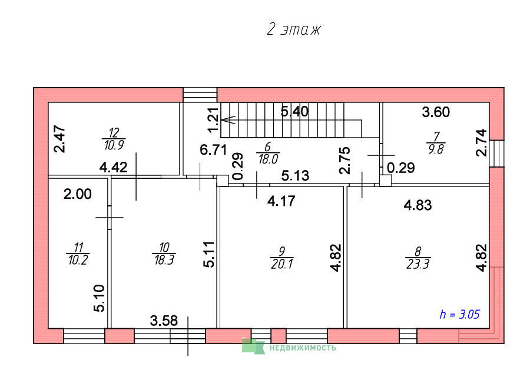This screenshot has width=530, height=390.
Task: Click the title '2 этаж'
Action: point(293,29)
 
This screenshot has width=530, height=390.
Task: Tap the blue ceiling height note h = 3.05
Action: point(459,314)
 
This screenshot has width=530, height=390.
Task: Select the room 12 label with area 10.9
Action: point(114,139)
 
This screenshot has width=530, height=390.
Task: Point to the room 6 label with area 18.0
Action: point(268,153)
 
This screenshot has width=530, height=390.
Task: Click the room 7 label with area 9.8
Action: point(436,143)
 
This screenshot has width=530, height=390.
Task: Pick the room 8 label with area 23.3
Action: point(418,258)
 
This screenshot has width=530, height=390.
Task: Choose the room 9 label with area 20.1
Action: point(282,258)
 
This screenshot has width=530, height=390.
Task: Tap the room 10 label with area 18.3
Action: point(164,254)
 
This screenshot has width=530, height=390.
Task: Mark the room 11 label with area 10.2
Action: point(78,254)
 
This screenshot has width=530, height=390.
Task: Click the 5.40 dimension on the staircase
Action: point(295,111)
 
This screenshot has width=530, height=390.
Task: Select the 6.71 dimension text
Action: point(213,149)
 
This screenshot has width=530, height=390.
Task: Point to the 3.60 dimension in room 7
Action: point(436,112)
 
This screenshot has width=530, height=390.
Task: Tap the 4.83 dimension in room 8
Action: point(418,205)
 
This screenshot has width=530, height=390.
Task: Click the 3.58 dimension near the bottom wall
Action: point(164,321)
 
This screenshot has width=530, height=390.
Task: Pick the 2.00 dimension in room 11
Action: point(78,194)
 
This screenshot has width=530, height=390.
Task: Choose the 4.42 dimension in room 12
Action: point(113,168)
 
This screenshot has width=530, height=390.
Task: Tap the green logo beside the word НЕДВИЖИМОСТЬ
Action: point(253,346)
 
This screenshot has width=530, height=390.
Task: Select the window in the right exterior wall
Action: point(497,154)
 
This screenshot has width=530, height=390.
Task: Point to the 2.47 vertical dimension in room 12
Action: point(60,139)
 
